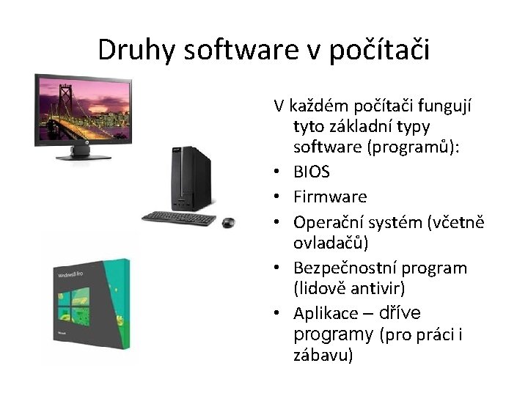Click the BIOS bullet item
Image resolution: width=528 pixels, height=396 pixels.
point(312,172)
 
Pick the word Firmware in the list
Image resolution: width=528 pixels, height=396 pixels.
point(330,197)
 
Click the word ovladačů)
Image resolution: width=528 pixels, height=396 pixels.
point(331,243)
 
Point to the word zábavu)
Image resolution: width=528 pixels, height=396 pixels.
point(323,356)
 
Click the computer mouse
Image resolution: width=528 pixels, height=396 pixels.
point(229,222)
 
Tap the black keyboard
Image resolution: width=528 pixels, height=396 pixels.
point(179,219)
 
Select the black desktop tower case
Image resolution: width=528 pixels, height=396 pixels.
point(191,179)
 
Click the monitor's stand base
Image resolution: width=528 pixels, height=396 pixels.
point(83,156)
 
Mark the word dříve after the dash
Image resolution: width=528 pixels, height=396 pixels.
point(400,313)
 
